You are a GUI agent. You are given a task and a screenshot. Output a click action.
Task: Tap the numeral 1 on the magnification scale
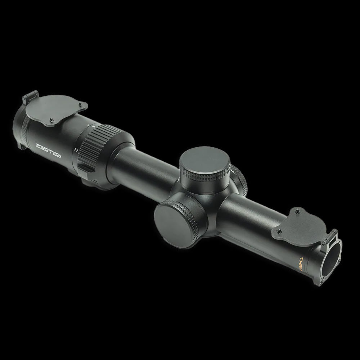coord(93,126)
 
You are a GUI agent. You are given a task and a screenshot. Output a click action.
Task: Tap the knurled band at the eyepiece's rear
coord(18,126)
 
